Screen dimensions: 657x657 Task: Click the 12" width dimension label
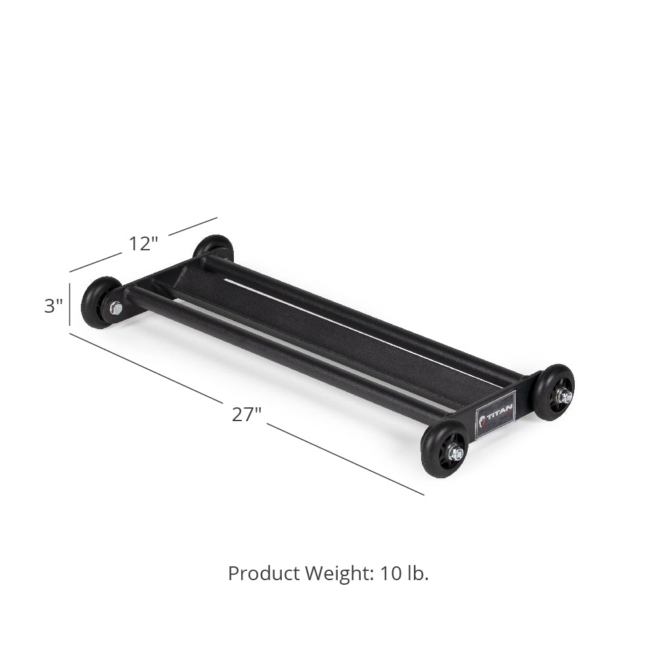143,244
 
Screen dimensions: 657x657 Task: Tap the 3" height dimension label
53,306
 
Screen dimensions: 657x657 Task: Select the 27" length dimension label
246,415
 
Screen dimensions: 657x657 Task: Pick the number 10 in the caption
392,573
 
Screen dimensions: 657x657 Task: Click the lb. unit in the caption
418,573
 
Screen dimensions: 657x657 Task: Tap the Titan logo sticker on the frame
495,415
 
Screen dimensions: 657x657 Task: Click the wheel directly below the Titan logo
445,449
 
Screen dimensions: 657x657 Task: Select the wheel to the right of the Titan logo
553,392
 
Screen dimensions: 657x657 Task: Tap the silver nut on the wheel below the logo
455,453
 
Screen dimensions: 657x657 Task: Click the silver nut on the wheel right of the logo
564,396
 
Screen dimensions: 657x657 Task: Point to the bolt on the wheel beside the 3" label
116,307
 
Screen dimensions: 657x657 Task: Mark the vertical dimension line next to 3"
70,304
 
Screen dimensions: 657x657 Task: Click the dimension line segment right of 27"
345,459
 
